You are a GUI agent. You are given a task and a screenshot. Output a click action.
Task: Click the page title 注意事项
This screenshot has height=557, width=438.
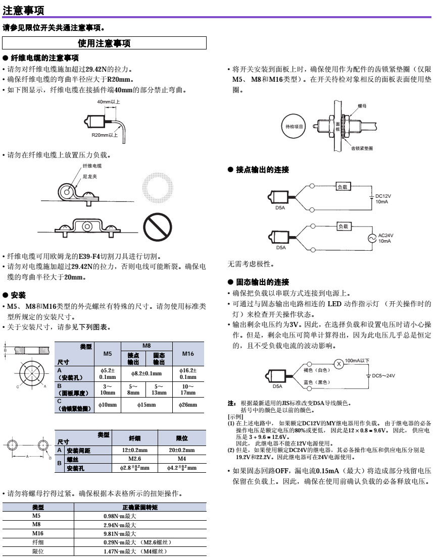[23, 10]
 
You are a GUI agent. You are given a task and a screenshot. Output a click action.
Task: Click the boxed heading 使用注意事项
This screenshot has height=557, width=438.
[104, 43]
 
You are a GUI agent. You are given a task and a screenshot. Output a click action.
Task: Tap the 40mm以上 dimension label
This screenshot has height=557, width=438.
[109, 102]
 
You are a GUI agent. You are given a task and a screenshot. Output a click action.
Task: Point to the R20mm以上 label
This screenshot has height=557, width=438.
[105, 135]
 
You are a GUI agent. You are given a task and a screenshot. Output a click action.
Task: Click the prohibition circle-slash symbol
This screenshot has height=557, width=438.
[157, 227]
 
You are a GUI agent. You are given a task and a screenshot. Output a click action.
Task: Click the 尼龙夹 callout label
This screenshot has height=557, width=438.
[89, 177]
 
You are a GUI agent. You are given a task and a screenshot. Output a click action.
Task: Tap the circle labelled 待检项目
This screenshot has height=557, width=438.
[294, 127]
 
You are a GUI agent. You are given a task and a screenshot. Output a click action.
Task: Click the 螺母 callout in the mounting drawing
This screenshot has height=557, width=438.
[362, 106]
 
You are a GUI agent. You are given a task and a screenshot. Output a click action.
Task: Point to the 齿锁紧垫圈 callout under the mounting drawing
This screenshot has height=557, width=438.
[362, 148]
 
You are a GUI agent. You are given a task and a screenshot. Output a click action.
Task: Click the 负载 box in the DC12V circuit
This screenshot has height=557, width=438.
[343, 187]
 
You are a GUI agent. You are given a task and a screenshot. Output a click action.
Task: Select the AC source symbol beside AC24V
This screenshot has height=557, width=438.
[372, 238]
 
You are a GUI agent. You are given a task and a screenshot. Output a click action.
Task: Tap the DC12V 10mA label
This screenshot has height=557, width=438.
[383, 199]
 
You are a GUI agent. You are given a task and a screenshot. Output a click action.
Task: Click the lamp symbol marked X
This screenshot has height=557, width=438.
[338, 364]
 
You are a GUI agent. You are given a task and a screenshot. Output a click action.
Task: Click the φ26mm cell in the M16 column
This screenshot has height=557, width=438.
[188, 405]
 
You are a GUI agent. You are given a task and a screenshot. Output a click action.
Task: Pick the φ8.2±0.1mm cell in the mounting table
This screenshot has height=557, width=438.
[146, 374]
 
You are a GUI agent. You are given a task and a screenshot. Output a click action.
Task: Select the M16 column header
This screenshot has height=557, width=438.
[188, 354]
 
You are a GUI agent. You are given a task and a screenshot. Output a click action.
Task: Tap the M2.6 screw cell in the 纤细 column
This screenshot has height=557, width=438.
[135, 459]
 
